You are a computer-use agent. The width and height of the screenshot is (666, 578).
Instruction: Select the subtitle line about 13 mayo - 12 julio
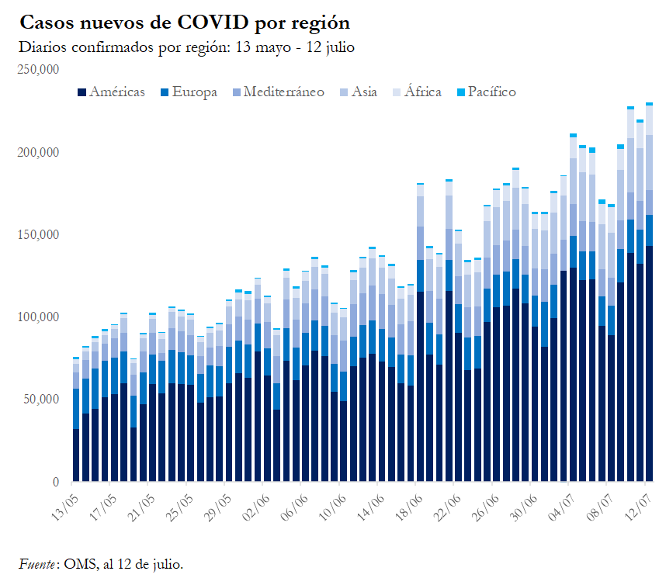(186, 47)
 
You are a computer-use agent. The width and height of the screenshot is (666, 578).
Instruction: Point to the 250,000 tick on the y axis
(38, 69)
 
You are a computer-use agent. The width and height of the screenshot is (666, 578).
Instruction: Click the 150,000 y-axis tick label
(38, 234)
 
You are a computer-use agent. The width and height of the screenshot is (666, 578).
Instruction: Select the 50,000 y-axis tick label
(40, 400)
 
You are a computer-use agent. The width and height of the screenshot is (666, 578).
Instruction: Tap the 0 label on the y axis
(56, 483)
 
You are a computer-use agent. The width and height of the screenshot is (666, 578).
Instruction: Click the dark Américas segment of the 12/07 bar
(649, 365)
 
